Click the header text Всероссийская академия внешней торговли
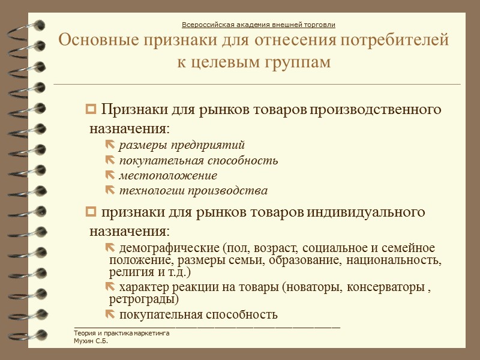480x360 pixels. click(x=258, y=25)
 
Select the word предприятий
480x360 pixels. click(x=208, y=145)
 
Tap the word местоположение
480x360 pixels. click(x=168, y=176)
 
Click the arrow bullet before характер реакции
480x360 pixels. click(x=112, y=287)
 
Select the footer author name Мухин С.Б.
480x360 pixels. click(x=86, y=341)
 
